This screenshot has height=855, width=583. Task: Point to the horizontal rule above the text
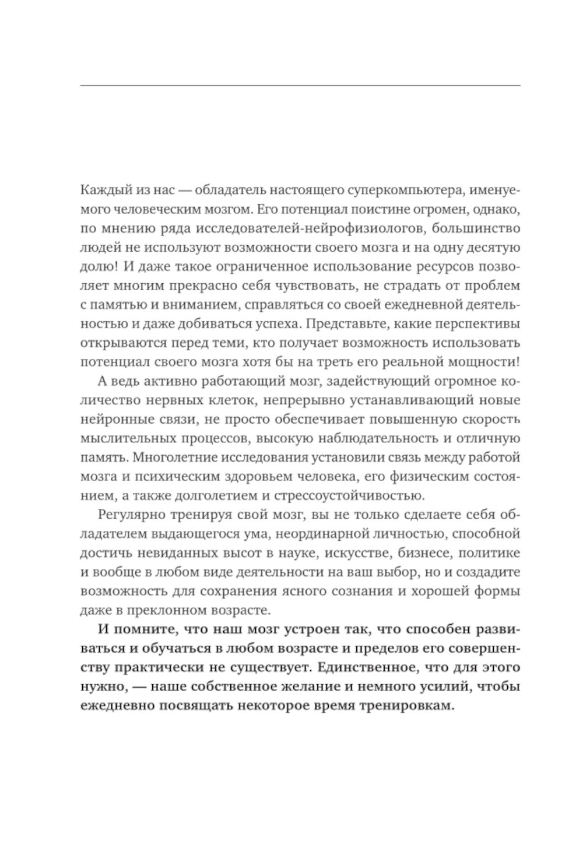(300, 86)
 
